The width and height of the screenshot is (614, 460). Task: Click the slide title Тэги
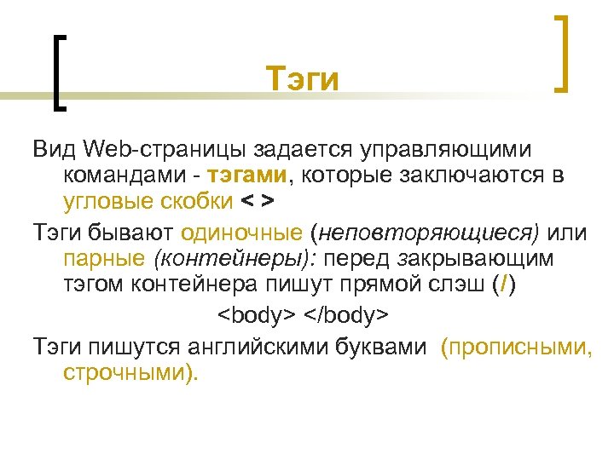(x=302, y=80)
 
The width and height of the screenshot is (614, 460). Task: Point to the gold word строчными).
(x=130, y=372)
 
